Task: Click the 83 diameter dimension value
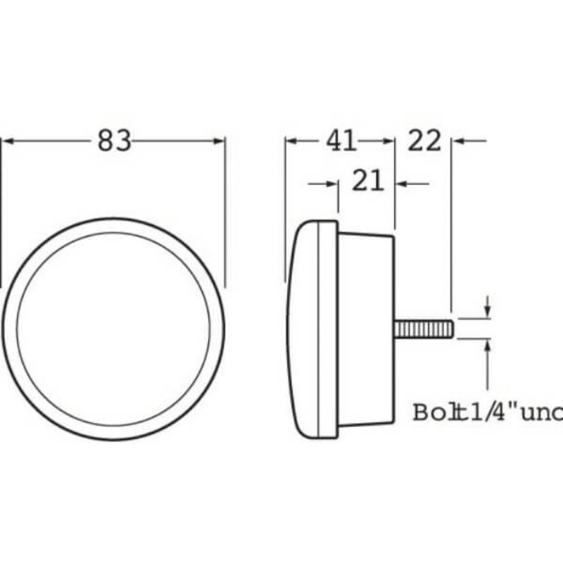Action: [115, 141]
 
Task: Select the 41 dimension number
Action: [340, 141]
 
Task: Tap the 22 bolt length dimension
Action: [424, 141]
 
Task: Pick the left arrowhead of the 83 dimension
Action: [8, 141]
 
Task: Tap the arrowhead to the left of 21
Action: [332, 184]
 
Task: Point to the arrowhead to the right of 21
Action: [402, 184]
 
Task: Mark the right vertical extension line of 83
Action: [225, 211]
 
